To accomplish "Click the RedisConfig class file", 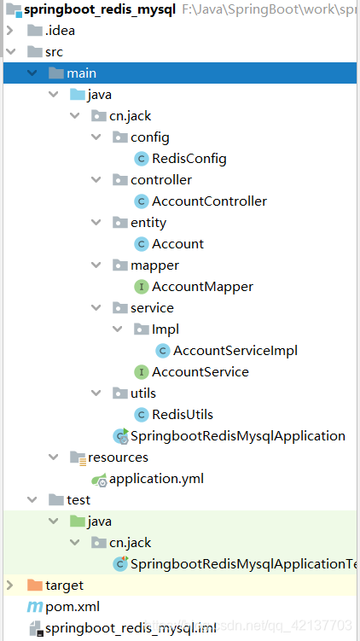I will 189,159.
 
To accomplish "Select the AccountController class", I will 209,201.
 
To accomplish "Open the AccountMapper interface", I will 202,287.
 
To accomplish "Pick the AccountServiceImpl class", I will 235,351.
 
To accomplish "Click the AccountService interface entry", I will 200,372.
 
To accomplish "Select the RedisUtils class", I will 183,415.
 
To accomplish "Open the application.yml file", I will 156,479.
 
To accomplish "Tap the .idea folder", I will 59,31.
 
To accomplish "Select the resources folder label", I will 119,457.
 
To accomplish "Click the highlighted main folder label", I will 81,73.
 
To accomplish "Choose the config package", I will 149,137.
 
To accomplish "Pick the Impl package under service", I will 165,329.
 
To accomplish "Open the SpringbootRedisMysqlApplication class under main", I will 237,436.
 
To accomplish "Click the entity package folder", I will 148,223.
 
